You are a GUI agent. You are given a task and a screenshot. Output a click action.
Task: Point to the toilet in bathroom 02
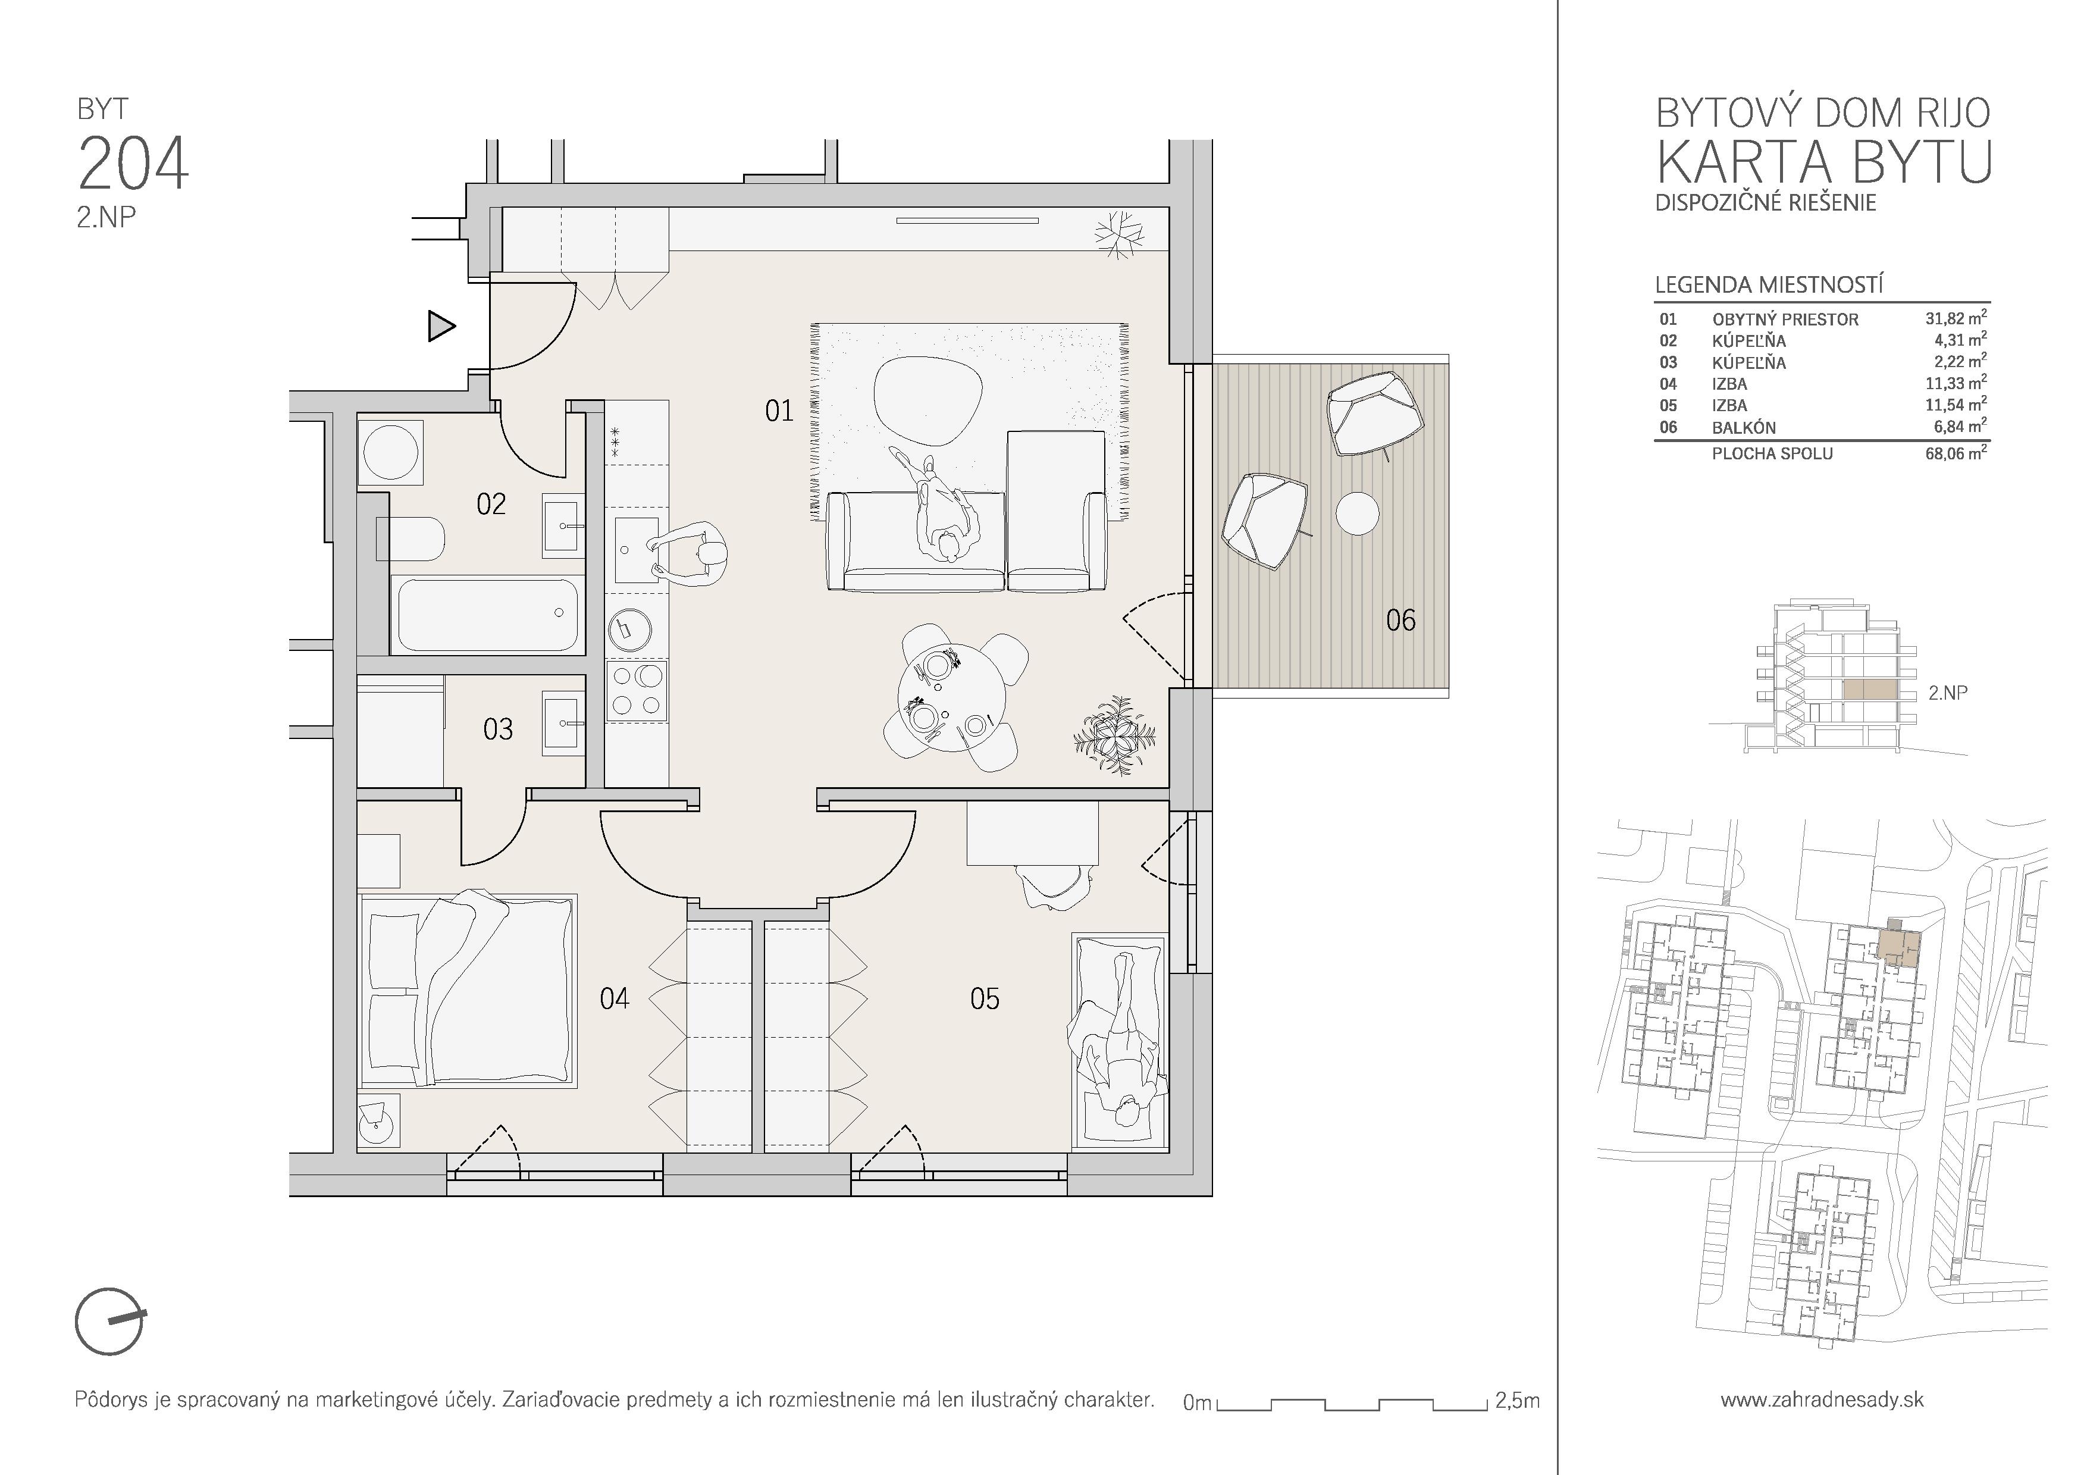pyautogui.click(x=411, y=540)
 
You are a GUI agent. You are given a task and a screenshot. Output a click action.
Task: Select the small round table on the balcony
pyautogui.click(x=1356, y=513)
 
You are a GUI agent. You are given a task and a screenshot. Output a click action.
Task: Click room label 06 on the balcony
pyautogui.click(x=1400, y=621)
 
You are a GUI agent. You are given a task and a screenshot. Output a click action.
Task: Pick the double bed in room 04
pyautogui.click(x=468, y=989)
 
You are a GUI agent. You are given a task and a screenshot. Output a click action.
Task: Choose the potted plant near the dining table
pyautogui.click(x=1114, y=735)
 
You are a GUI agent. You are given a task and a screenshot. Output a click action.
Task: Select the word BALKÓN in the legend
pyautogui.click(x=1743, y=427)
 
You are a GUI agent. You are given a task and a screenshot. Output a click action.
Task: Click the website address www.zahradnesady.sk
pyautogui.click(x=1822, y=1399)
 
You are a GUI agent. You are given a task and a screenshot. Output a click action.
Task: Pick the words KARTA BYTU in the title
pyautogui.click(x=1823, y=162)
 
